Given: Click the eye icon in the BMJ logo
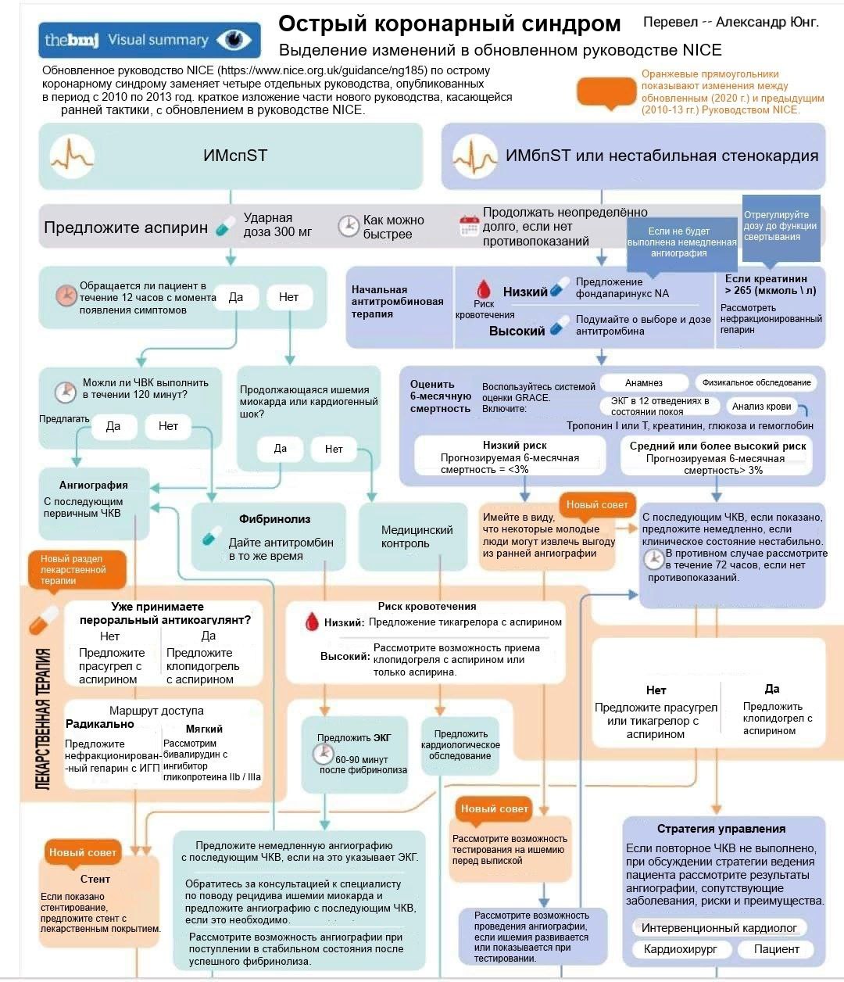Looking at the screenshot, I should pos(234,40).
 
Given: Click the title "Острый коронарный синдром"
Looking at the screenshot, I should pos(449,24).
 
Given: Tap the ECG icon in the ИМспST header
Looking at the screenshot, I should pos(71,156).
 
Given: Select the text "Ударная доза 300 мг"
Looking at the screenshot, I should pos(277,225).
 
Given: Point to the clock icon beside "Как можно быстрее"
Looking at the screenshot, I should pos(348,227).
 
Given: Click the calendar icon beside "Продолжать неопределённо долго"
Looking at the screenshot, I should pos(469,226).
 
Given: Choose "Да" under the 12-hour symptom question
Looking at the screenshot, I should pos(236,297).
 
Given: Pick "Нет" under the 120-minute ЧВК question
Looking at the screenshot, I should pos(168,426).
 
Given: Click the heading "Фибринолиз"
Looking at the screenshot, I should pos(274,519).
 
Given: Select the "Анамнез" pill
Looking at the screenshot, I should pos(644,383).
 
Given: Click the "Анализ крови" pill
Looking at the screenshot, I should pos(761,407).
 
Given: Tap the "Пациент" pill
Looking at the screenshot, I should pos(776,949).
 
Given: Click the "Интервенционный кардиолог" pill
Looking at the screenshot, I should pos(719,928).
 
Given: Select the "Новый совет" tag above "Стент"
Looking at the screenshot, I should pos(82,852).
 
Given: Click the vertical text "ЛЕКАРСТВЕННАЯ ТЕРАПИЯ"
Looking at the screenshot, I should pos(44,719).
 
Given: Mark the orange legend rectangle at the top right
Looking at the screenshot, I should pos(606,92).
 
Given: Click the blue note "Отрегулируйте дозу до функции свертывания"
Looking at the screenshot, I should pos(780,226).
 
